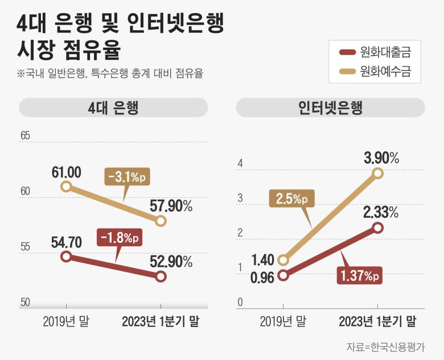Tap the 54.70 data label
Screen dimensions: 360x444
66,242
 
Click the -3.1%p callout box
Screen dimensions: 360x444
125,177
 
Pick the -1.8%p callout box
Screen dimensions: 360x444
118,236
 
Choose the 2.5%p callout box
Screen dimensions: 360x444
291,199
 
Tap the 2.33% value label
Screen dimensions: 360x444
381,213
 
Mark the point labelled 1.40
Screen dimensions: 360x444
283,261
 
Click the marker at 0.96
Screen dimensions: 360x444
283,276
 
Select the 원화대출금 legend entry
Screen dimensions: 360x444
375,53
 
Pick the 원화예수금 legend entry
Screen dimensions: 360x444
375,72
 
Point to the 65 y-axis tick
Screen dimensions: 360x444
25,136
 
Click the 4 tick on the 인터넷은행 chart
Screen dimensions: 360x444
240,164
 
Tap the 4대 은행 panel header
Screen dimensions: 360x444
114,107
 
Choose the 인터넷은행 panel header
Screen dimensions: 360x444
330,107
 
